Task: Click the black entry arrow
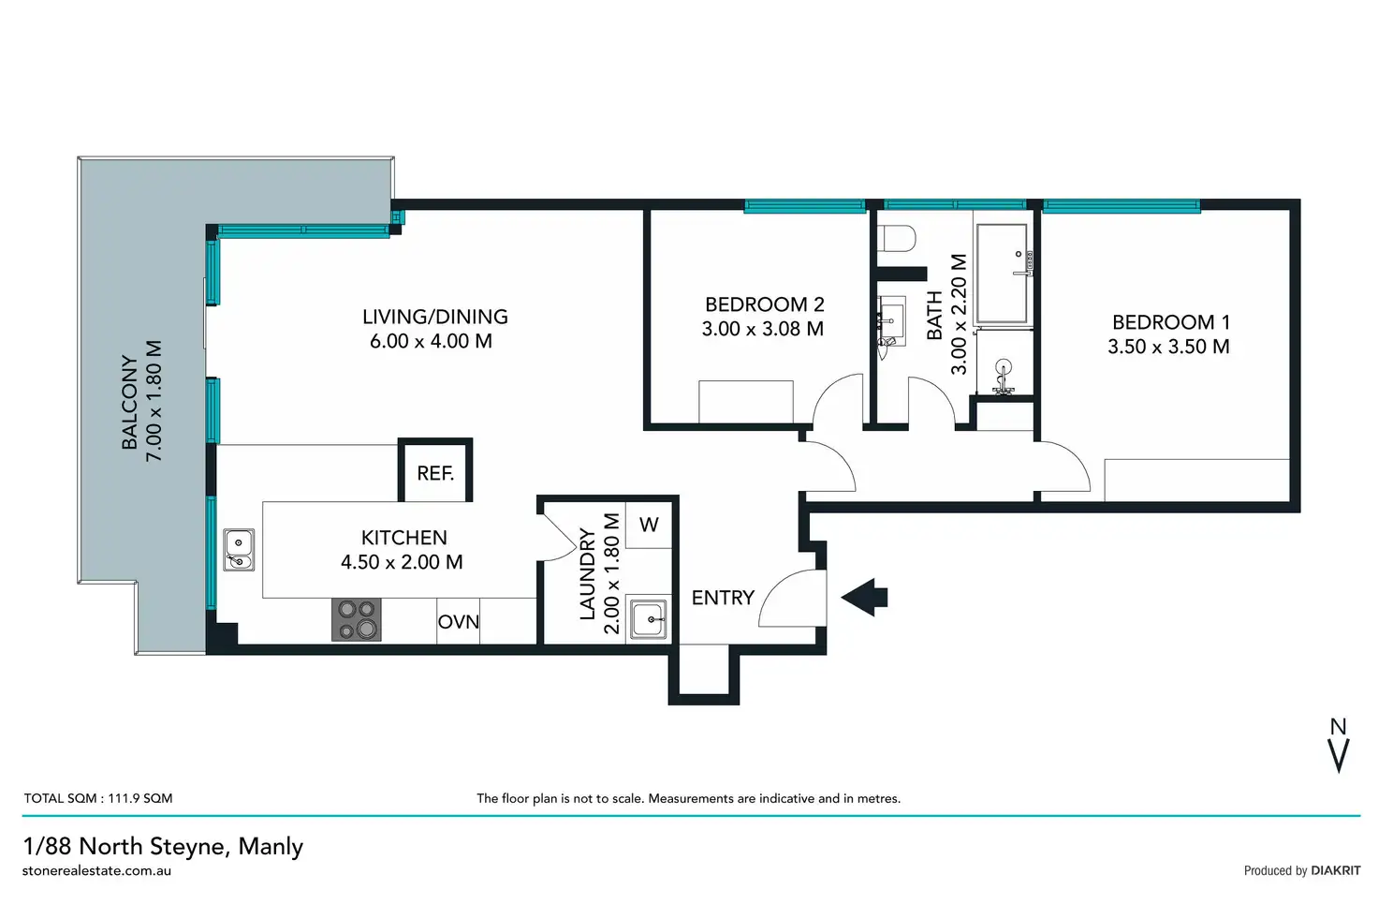865,597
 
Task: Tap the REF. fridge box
435,472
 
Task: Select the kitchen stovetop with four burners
357,619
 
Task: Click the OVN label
459,622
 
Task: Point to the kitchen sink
239,550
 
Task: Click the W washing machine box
649,526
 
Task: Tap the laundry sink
648,618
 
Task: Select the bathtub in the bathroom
1002,274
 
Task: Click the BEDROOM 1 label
1170,322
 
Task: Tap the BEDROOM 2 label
764,304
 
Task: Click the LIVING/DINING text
434,317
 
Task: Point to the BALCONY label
130,402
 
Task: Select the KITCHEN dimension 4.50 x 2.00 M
402,562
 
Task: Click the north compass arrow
1339,749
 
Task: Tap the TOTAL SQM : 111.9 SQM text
98,798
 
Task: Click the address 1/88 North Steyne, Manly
163,846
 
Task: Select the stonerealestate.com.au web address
96,870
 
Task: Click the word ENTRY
723,598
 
